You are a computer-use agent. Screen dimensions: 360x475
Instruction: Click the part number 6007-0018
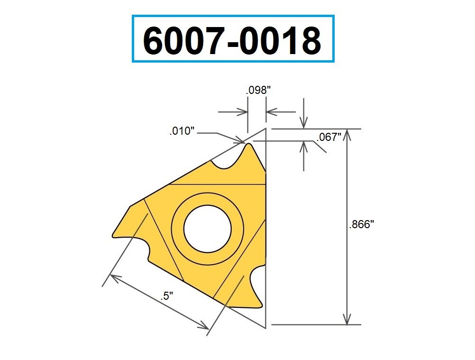coord(232,39)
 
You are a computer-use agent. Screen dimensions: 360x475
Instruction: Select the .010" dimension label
coord(183,131)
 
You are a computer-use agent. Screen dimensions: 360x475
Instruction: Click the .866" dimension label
coord(362,225)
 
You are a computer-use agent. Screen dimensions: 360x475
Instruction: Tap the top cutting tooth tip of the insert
coord(247,146)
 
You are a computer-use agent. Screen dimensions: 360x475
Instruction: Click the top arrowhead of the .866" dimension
coord(348,134)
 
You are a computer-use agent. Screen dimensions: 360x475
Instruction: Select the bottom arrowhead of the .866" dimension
coord(348,320)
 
